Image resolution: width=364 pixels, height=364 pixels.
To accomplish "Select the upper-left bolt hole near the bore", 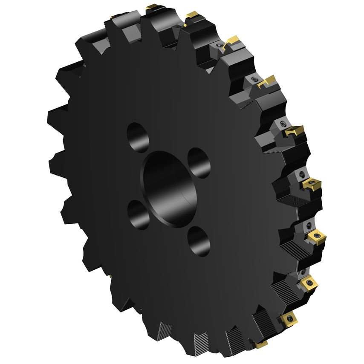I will pyautogui.click(x=138, y=137).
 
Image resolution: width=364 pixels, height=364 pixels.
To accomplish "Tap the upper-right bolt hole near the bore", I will pyautogui.click(x=199, y=162).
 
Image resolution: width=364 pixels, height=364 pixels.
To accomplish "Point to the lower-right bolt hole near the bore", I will pyautogui.click(x=199, y=240).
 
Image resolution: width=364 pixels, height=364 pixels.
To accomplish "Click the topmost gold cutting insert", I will pyautogui.click(x=153, y=7).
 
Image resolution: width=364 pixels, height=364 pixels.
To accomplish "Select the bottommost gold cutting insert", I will pyautogui.click(x=260, y=343).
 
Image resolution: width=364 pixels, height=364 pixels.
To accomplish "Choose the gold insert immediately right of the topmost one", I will pyautogui.click(x=191, y=16).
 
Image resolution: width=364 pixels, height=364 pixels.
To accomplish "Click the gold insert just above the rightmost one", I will pyautogui.click(x=312, y=185).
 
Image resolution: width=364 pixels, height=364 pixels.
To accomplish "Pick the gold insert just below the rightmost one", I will pyautogui.click(x=308, y=282).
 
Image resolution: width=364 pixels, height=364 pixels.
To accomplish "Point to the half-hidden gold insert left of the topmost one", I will pyautogui.click(x=116, y=17).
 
